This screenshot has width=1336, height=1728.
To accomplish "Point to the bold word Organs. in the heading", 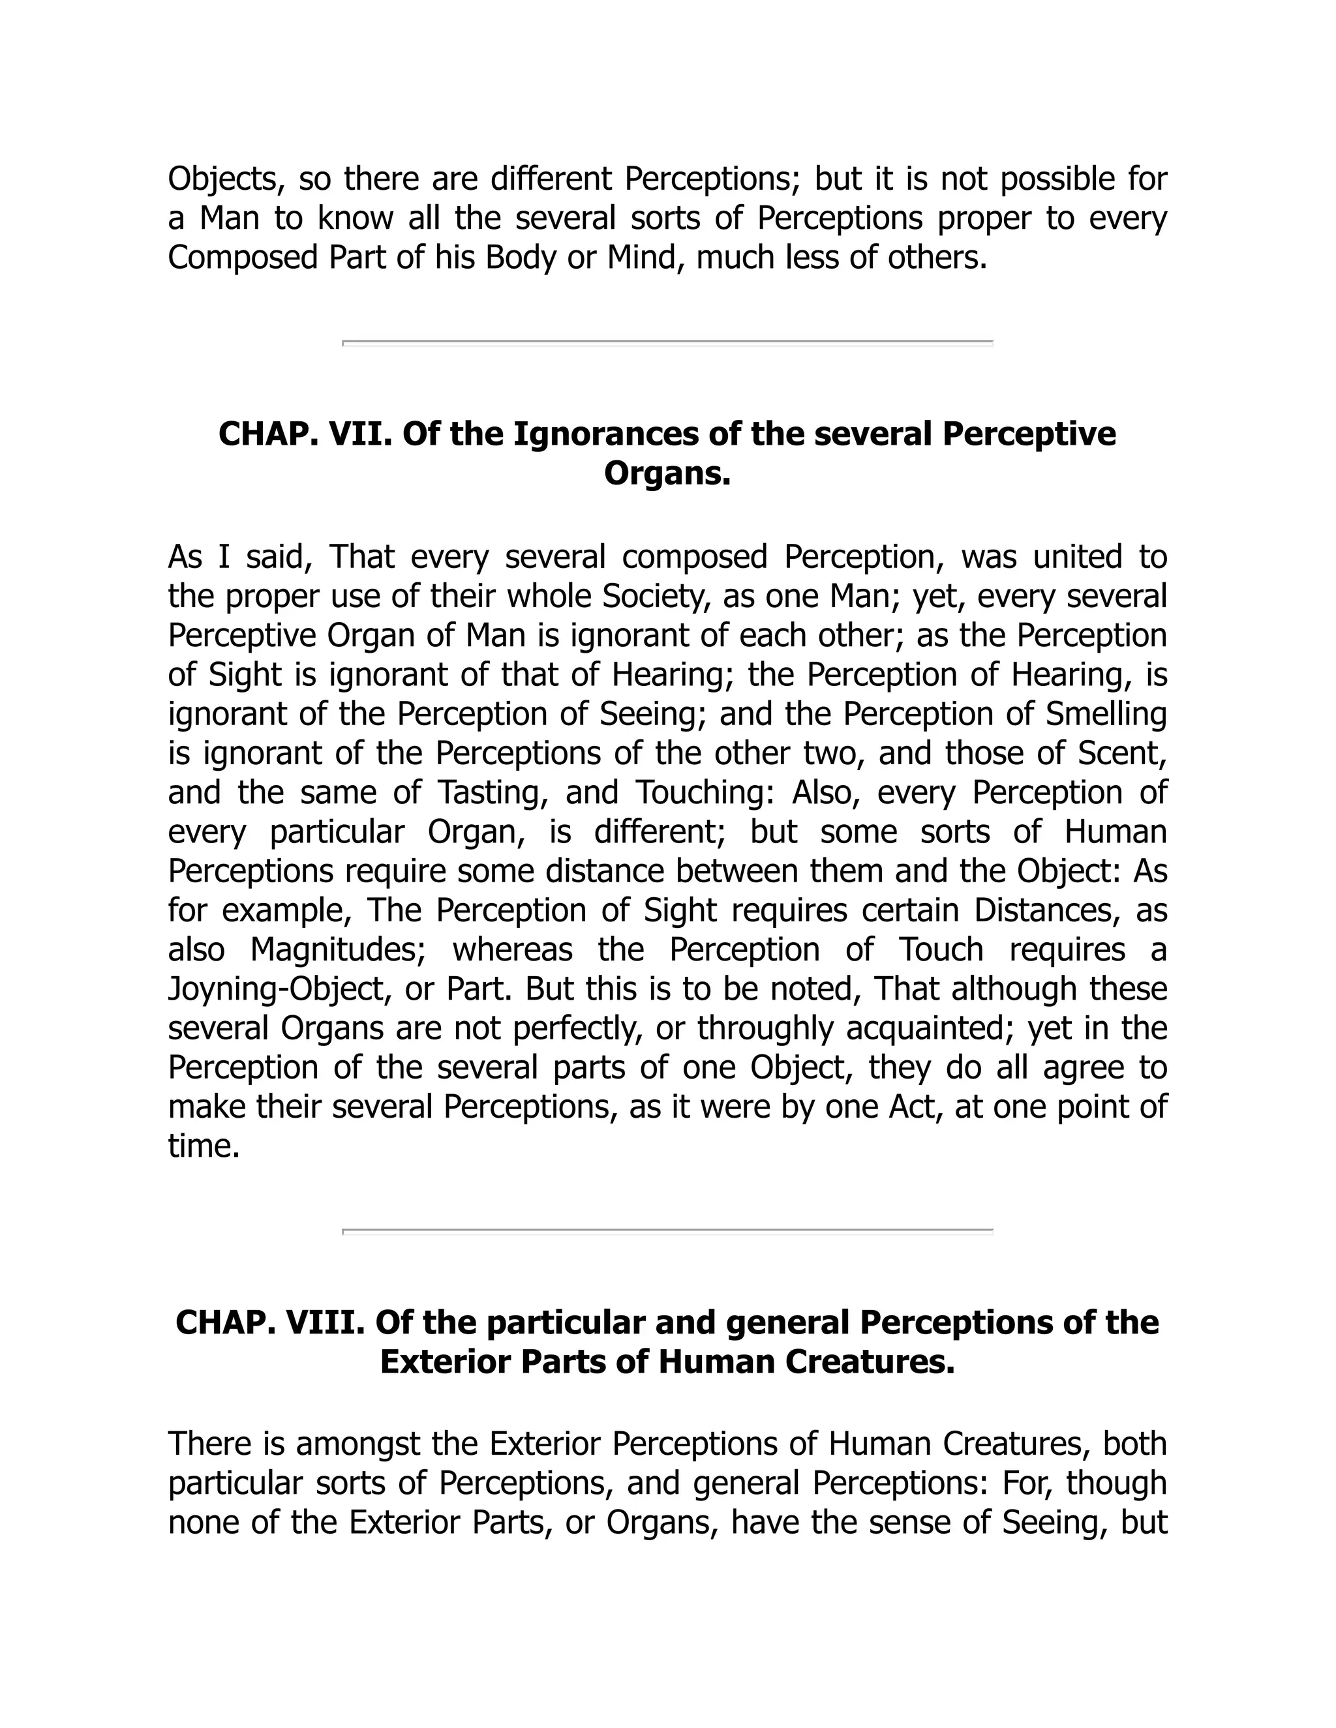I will click(x=667, y=474).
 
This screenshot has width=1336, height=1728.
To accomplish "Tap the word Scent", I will click(x=1121, y=753).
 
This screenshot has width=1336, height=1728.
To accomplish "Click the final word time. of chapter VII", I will click(x=204, y=1146).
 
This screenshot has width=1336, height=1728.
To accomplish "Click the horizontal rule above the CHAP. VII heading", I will click(x=667, y=342).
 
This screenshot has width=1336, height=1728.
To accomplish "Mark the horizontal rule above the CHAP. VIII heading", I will click(x=667, y=1231).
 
